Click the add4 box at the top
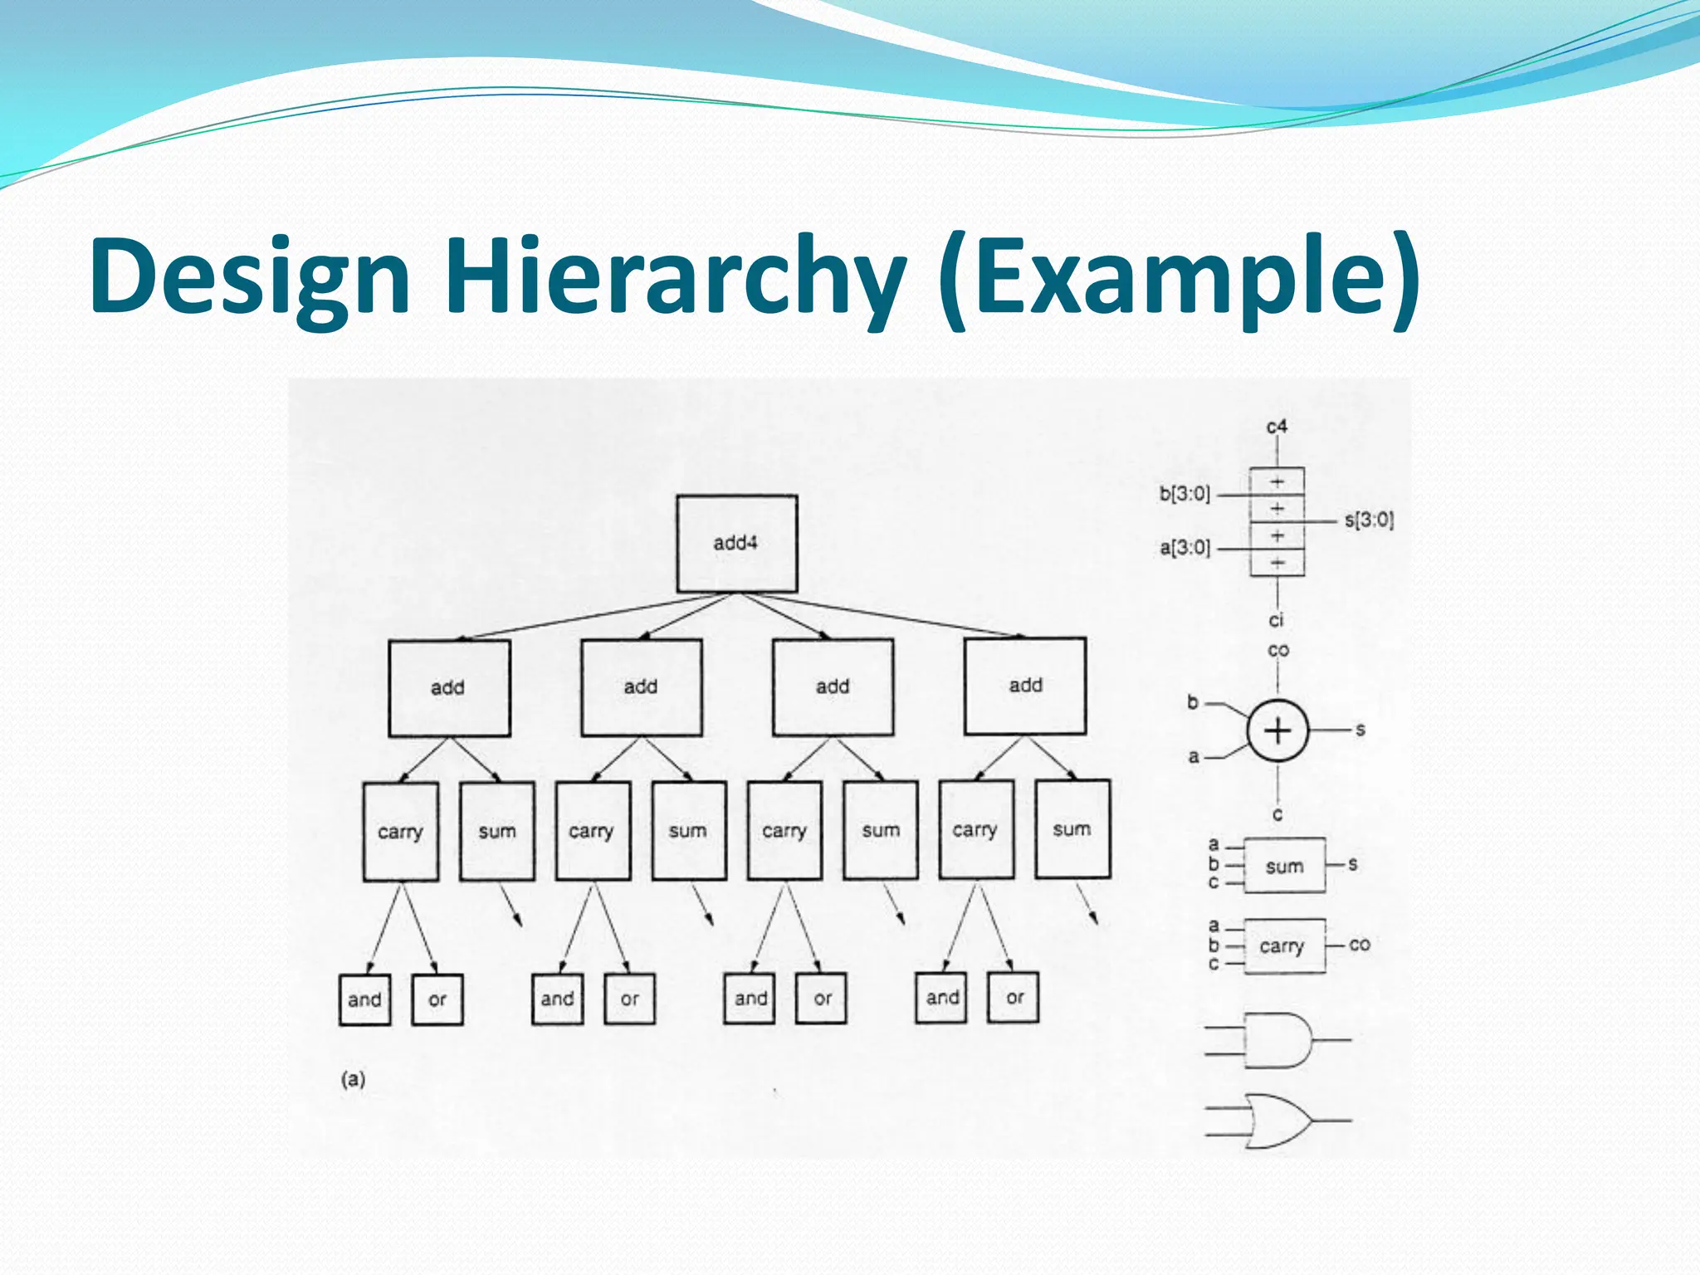(736, 544)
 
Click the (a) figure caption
(353, 1079)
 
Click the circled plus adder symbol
(1277, 731)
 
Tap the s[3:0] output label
(1369, 520)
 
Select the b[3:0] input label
(1185, 494)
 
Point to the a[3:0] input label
(1185, 548)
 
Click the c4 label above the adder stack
(1277, 427)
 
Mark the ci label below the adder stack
(1276, 620)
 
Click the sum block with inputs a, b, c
(1284, 866)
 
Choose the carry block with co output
(1283, 945)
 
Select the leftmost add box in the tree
(448, 687)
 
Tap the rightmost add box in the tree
(1025, 686)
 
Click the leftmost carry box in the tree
(400, 832)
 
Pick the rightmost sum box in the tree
(1072, 829)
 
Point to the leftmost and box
(364, 999)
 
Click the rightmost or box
(1014, 998)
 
